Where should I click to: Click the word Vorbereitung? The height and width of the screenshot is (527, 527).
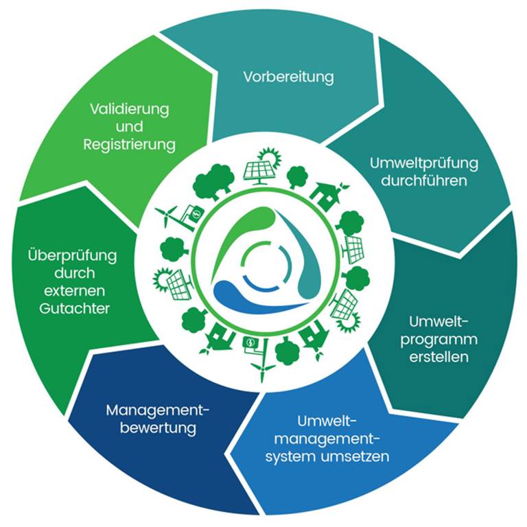pos(288,78)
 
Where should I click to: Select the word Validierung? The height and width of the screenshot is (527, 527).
pos(130,109)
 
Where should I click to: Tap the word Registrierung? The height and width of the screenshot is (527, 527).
pos(130,145)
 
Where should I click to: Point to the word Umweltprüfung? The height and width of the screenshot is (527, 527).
pos(424,164)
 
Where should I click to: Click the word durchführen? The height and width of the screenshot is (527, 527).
pos(424,181)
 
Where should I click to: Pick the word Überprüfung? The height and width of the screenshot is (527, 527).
pos(72,255)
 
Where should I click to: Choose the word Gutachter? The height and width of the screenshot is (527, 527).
pos(74,308)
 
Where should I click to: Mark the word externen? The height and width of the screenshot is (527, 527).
pos(74,291)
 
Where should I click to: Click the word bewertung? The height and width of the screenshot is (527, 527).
pos(158,428)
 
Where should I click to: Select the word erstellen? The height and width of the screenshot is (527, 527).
pos(439,357)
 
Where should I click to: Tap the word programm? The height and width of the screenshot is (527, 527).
pos(439,340)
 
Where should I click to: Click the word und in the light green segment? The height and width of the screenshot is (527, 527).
pos(130,127)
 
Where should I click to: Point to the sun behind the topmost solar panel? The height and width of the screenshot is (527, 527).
pos(271,157)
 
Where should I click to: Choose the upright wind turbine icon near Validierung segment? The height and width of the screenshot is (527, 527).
pos(166,215)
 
